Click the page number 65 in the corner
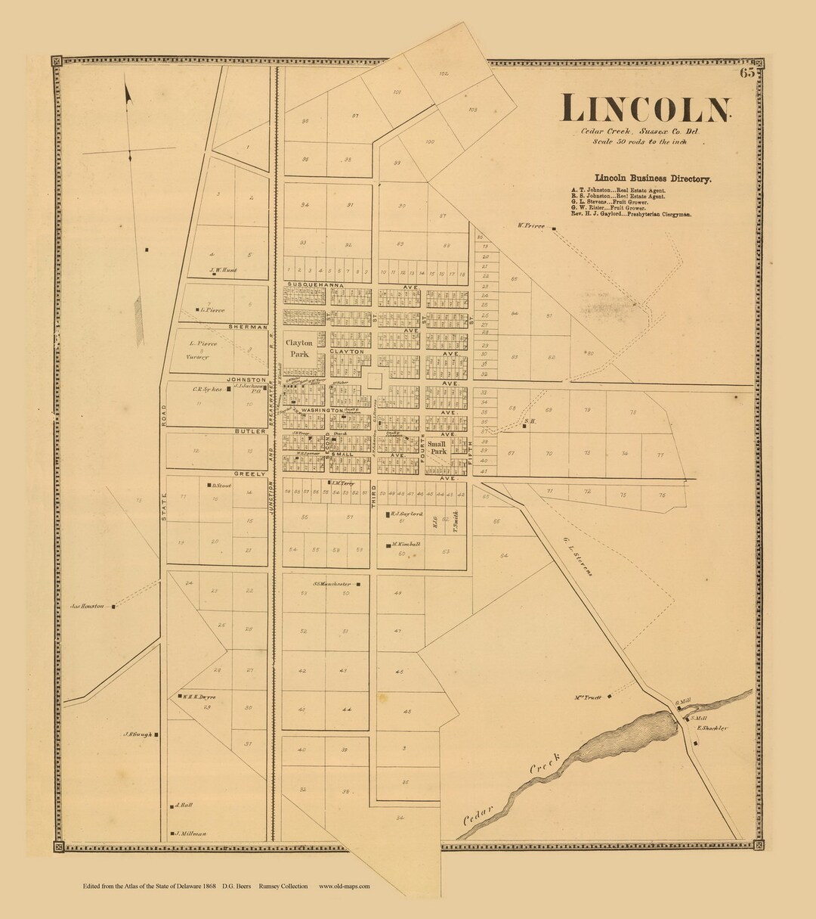[x=748, y=73]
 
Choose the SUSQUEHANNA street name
[x=315, y=285]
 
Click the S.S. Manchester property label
[x=332, y=584]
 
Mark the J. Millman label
[x=192, y=834]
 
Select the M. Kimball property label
[x=406, y=544]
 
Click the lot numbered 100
[x=429, y=142]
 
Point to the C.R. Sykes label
[x=206, y=390]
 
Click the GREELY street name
[x=250, y=473]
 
